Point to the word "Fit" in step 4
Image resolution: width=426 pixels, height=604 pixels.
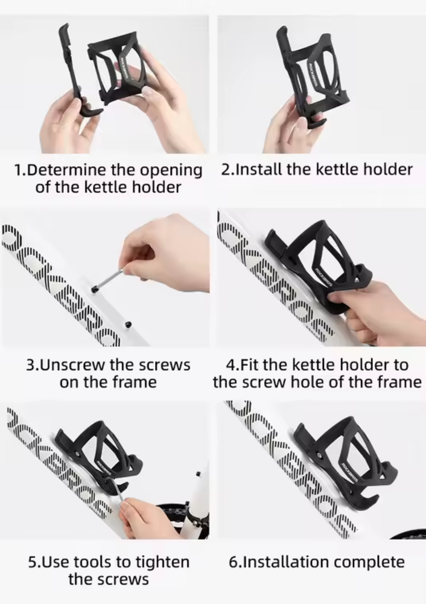(250, 364)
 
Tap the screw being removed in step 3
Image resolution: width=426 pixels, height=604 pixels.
(107, 279)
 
